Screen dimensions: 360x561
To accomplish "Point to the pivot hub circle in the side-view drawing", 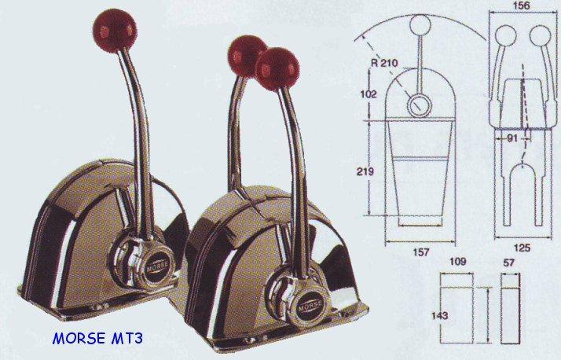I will pos(417,104).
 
